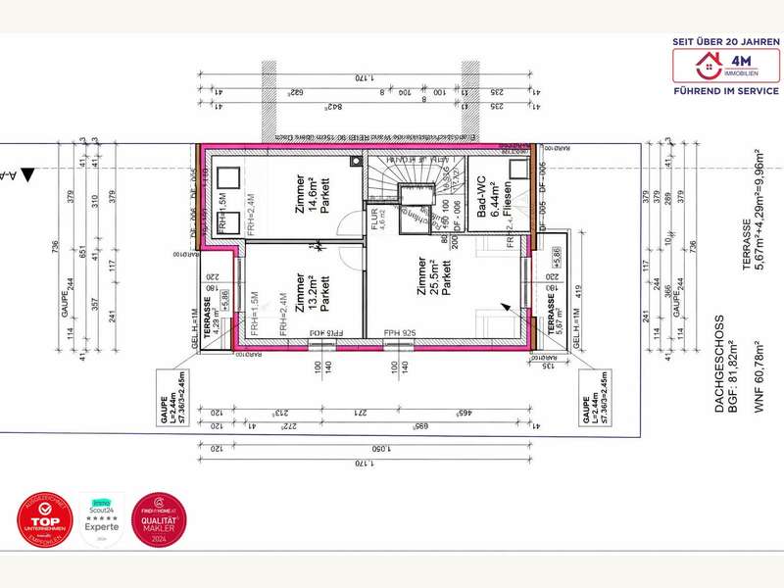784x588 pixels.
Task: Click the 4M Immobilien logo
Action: [726, 67]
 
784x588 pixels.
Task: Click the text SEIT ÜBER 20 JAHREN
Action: [726, 41]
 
